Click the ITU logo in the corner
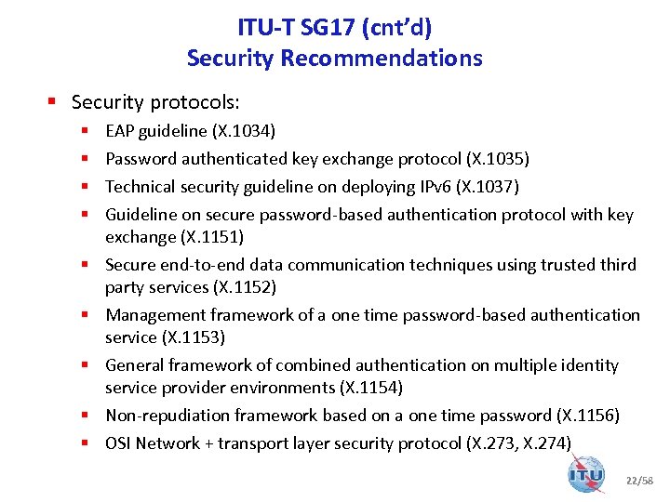pyautogui.click(x=585, y=473)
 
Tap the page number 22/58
pyautogui.click(x=638, y=481)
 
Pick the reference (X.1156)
pyautogui.click(x=588, y=416)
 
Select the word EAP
pyautogui.click(x=120, y=131)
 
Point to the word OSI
pyautogui.click(x=118, y=443)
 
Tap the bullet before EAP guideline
pyautogui.click(x=85, y=131)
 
